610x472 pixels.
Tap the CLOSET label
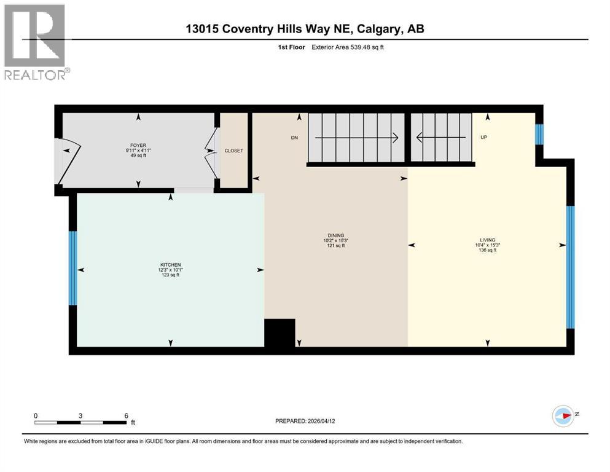pos(234,151)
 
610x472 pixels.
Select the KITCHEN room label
pos(169,265)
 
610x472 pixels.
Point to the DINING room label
pos(335,235)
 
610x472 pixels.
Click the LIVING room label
pos(488,240)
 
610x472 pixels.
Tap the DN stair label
pos(294,138)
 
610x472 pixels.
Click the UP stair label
pos(483,138)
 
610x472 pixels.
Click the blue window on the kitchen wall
pos(72,268)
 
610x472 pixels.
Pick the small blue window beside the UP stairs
pos(539,135)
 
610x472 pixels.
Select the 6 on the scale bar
pos(126,415)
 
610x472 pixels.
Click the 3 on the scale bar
pos(80,415)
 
